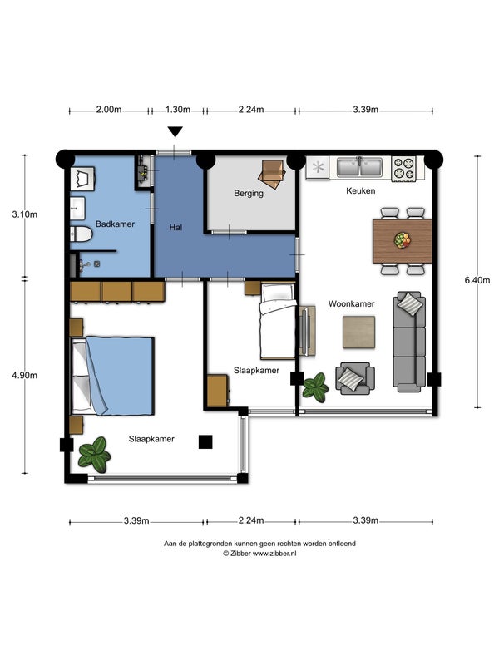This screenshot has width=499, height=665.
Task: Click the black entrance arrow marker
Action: click(x=175, y=132)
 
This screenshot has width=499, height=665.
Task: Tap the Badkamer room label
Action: click(x=115, y=224)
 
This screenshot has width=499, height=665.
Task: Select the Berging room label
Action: click(x=249, y=194)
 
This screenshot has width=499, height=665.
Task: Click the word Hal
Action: click(x=175, y=227)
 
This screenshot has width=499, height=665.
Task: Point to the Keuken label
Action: click(x=361, y=191)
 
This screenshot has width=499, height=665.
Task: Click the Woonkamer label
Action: click(x=351, y=303)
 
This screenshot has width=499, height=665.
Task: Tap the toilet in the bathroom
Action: click(x=81, y=234)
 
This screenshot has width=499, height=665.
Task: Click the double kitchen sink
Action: click(x=360, y=167)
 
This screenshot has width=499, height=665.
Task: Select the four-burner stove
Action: click(x=403, y=168)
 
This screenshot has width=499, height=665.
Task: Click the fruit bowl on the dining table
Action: click(x=403, y=240)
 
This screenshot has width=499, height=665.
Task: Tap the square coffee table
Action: click(x=358, y=332)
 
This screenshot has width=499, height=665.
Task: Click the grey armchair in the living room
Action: click(x=355, y=377)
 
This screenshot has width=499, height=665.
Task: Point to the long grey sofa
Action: click(x=409, y=342)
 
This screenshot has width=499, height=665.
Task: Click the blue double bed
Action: click(x=112, y=376)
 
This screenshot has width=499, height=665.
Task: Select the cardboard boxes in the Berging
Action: click(x=272, y=173)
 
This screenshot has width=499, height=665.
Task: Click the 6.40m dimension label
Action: click(x=477, y=280)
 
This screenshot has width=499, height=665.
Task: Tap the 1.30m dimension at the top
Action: click(x=178, y=110)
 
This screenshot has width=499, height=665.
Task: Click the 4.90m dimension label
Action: click(x=25, y=376)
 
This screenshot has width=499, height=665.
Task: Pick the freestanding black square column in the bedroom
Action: click(x=205, y=442)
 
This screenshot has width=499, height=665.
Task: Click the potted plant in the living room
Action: click(x=315, y=387)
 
